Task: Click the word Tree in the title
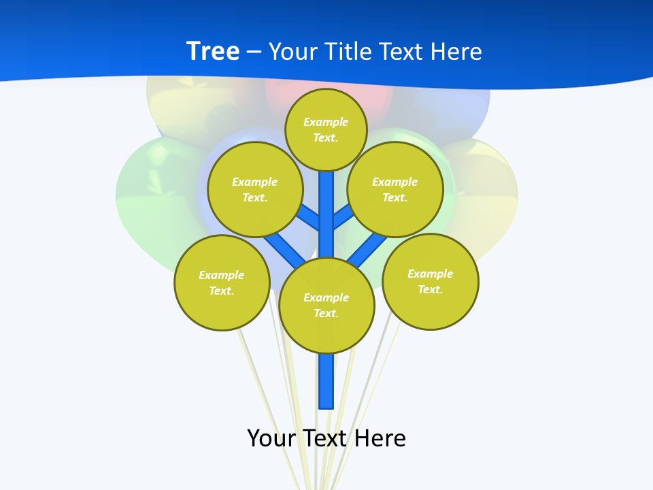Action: [213, 51]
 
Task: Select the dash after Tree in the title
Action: [254, 52]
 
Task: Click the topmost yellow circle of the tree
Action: [326, 129]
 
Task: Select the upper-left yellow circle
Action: [255, 189]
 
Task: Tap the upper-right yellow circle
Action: [395, 189]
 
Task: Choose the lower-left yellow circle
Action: [222, 282]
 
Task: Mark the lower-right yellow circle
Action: [430, 281]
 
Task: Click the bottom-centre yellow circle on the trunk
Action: [326, 305]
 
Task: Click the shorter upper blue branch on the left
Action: [309, 218]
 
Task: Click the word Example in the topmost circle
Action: [326, 122]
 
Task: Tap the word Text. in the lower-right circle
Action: [430, 289]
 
